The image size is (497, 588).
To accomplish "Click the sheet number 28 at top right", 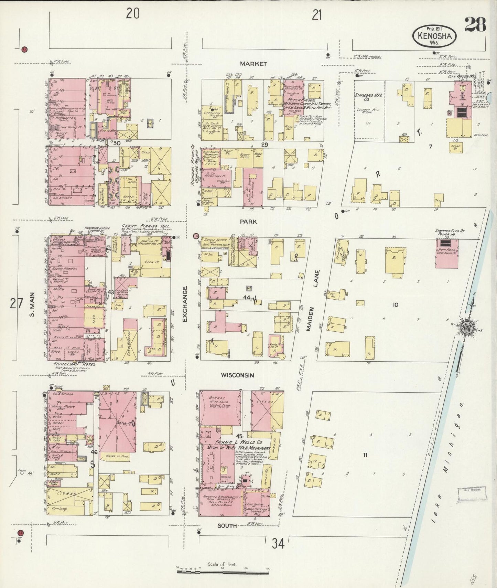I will pyautogui.click(x=475, y=24).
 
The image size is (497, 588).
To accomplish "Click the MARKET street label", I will pyautogui.click(x=253, y=64).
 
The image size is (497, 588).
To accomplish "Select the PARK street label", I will pyautogui.click(x=248, y=222).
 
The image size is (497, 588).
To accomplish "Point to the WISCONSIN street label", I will pyautogui.click(x=237, y=375).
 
